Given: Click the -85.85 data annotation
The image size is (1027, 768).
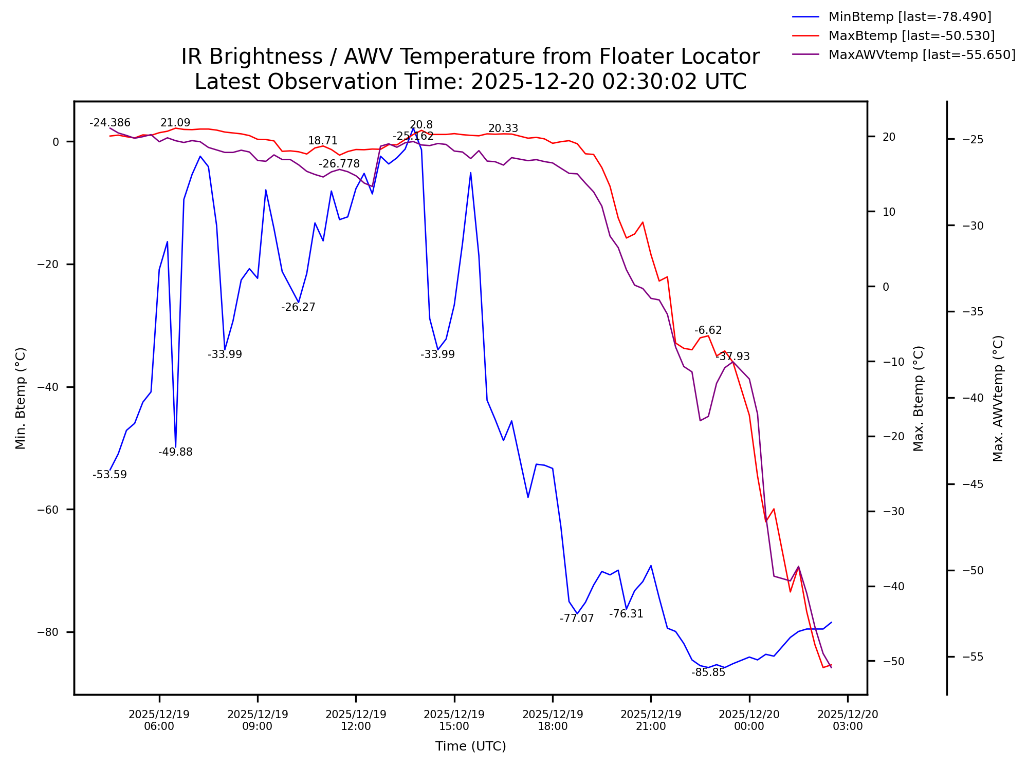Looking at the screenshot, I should pos(708,672).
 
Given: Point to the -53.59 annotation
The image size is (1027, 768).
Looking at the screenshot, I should pos(109,475).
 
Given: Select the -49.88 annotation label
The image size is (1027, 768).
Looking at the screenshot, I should pos(175,452).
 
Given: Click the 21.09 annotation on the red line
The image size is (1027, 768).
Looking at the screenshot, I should pos(175,123).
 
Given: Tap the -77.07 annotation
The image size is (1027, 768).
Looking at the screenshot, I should pos(577,619).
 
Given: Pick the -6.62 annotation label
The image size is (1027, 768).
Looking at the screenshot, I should pos(708,330).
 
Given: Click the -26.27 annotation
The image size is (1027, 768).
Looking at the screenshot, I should pos(298,307).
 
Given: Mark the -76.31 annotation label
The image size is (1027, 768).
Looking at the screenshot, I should pos(626,614).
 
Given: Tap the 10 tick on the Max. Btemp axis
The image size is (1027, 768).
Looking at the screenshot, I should pos(889,212).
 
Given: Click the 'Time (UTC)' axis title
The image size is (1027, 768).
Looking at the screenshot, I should pos(470,746).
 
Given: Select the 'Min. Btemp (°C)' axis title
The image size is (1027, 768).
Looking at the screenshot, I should pos(21,398).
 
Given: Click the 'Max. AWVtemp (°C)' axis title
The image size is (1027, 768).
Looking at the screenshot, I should pos(998,398).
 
